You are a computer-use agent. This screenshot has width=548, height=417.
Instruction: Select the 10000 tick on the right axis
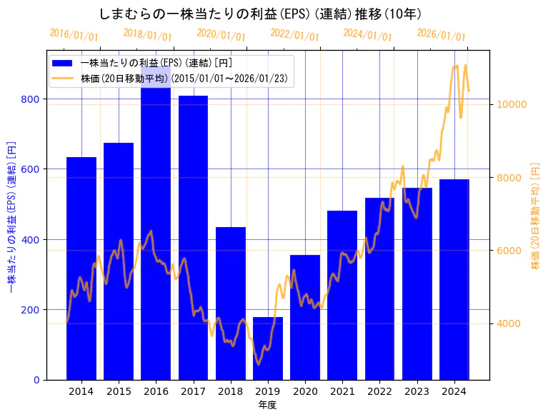[512, 104]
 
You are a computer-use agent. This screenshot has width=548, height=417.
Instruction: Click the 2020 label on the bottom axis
[305, 391]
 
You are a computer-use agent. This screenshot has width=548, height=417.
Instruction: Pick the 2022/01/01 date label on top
[294, 34]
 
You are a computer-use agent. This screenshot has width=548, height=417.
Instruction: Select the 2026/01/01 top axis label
[441, 34]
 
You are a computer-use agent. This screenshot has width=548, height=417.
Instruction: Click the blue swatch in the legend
[63, 63]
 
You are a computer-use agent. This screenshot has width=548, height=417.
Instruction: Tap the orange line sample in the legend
[63, 78]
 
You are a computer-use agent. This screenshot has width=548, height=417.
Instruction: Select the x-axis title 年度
[268, 405]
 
